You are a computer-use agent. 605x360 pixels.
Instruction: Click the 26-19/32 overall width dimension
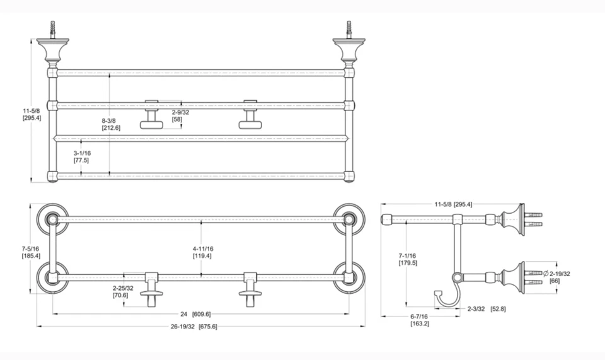pos(194,327)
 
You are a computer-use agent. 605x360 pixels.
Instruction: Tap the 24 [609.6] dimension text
pos(195,314)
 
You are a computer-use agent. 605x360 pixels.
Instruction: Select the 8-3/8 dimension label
pos(111,124)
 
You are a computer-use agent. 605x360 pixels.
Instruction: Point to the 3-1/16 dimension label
pos(82,156)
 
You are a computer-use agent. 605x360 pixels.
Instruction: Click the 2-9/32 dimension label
pos(180,116)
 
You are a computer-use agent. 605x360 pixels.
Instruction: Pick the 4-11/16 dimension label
pos(202,252)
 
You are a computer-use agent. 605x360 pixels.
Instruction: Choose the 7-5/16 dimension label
pos(30,252)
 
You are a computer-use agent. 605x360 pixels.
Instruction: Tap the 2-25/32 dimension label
pos(123,292)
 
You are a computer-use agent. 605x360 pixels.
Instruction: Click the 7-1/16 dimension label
pos(408,259)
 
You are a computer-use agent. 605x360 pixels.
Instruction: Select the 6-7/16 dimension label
pos(420,320)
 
